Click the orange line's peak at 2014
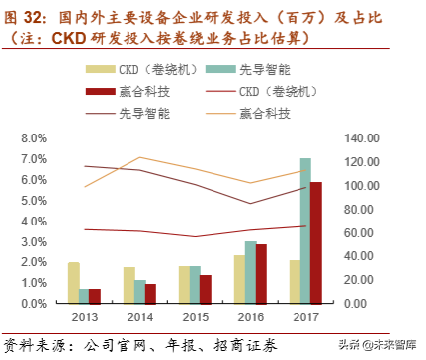tap(141, 157)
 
